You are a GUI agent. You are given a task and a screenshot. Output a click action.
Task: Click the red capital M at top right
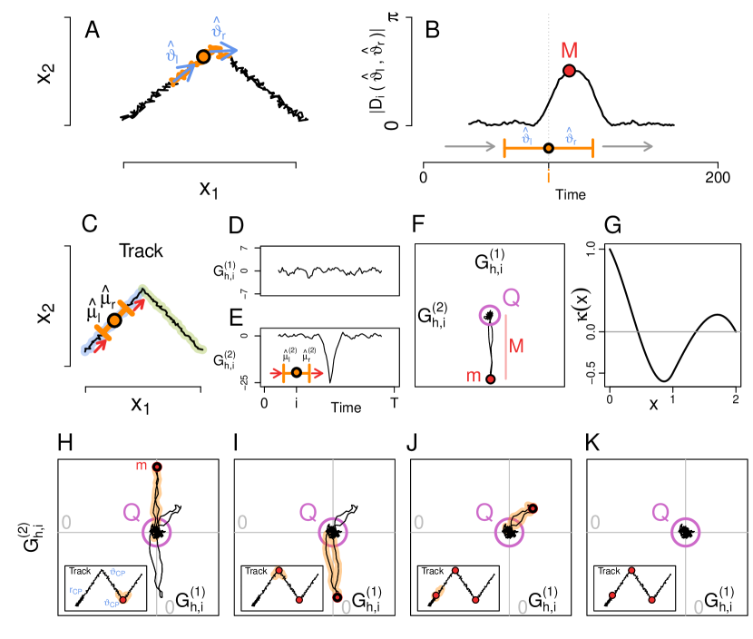tap(569, 51)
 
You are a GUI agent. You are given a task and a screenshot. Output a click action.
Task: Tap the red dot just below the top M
tap(569, 71)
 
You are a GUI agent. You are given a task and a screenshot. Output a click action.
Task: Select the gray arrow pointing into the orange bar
tap(470, 146)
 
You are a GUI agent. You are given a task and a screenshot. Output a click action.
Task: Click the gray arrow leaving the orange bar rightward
tap(627, 146)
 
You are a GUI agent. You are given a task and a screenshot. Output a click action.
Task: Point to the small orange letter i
tap(548, 177)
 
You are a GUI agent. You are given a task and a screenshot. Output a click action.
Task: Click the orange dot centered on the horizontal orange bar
tap(549, 147)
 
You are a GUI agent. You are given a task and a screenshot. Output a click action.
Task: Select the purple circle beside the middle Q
tap(490, 315)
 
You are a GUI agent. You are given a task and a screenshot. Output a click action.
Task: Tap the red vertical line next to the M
tap(505, 347)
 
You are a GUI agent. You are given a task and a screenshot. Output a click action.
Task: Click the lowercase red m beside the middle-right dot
tap(474, 376)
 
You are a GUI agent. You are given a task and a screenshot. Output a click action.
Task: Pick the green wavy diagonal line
tap(172, 318)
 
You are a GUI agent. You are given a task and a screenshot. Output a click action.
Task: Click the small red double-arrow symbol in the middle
tap(297, 373)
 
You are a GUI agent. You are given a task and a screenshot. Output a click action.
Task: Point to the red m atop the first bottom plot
tap(142, 466)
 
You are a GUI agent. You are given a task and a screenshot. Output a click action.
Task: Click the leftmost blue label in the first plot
tap(76, 591)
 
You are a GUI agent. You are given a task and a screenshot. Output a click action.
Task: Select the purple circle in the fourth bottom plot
tap(685, 531)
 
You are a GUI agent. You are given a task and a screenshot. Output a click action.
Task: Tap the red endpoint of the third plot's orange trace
tap(533, 508)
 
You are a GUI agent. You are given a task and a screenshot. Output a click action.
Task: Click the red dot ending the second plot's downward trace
tap(337, 597)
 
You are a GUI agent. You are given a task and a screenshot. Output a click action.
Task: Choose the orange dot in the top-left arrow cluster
tap(203, 56)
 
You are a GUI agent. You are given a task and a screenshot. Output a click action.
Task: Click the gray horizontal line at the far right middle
tap(672, 331)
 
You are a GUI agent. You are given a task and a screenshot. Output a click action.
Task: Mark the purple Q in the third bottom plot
tap(484, 513)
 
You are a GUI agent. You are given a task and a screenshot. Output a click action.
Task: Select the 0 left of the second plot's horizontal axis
tap(242, 523)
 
